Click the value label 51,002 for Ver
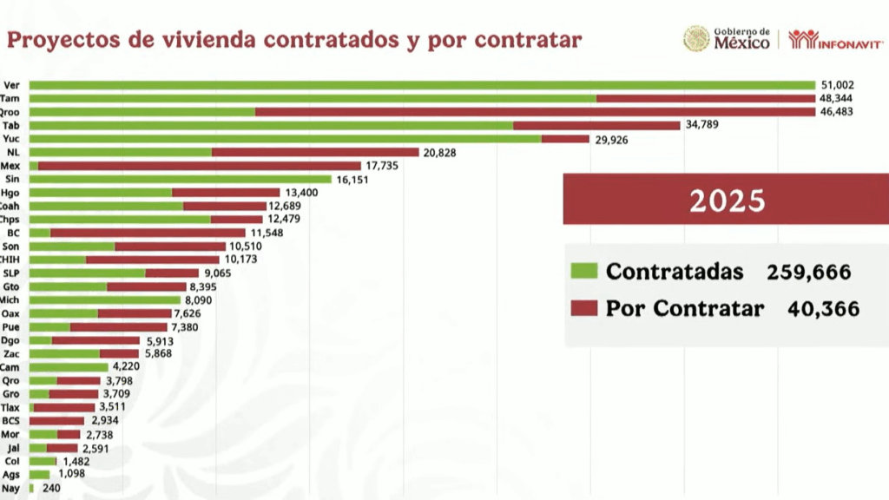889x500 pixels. click(838, 85)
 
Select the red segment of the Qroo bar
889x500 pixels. click(535, 112)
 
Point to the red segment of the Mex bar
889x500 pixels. click(199, 166)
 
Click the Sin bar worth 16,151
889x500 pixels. click(181, 179)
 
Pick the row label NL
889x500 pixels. click(12, 152)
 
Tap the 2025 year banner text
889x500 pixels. click(728, 201)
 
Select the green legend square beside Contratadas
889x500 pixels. click(583, 271)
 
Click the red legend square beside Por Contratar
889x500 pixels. click(583, 308)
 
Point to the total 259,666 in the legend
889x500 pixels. click(808, 272)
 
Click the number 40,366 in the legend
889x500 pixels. click(823, 309)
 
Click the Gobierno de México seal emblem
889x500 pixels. click(696, 38)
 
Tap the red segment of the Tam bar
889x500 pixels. click(706, 98)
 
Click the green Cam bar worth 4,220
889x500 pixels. click(69, 367)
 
